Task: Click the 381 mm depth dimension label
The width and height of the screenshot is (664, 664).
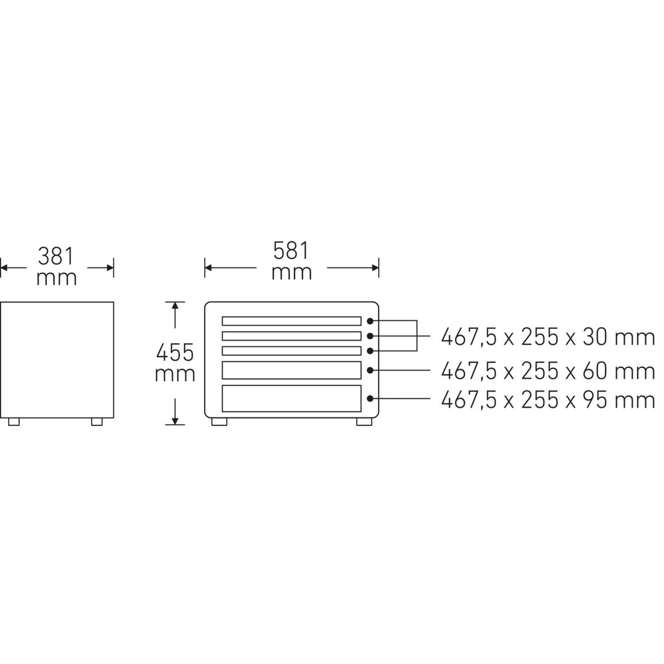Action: point(57,267)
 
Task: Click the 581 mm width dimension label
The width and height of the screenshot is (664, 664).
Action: point(291,261)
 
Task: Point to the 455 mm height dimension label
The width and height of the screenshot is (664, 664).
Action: point(175,363)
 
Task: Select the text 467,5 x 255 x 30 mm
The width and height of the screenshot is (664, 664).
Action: point(548,338)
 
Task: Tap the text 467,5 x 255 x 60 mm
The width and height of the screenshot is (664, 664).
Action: point(548,371)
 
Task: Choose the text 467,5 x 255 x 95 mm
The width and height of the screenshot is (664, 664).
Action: point(548,400)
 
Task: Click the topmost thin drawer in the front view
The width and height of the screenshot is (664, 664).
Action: point(291,321)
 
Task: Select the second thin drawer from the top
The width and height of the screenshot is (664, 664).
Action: point(291,336)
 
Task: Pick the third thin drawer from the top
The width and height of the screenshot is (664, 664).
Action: point(291,350)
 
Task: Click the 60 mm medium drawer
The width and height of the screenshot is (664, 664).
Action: point(291,370)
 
